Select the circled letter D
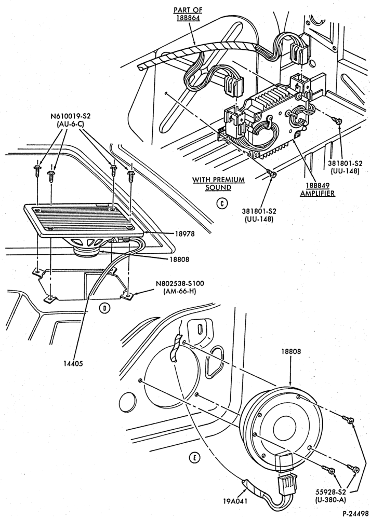coord(105,308)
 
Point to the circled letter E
coord(194,458)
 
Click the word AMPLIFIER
coord(318,193)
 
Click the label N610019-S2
coord(71,116)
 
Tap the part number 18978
coord(184,234)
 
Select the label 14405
coord(73,363)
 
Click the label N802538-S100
coord(180,284)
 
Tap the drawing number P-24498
coord(356,514)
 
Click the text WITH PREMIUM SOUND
coord(218,184)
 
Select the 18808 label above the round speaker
coord(291,351)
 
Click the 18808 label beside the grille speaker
coord(179,259)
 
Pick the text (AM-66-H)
coord(180,291)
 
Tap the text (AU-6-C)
coord(71,124)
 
